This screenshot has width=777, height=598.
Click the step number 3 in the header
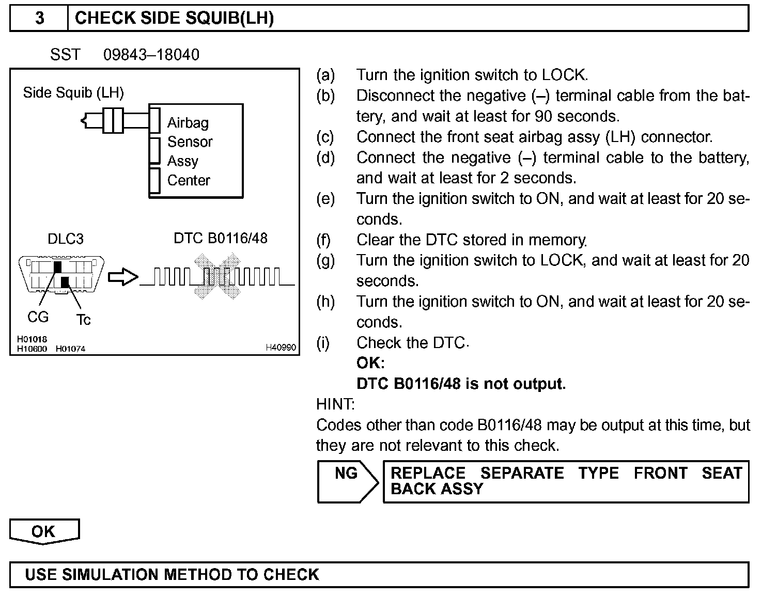tap(39, 19)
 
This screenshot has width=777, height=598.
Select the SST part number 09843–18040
tap(151, 55)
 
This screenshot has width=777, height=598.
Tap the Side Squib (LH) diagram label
tap(73, 93)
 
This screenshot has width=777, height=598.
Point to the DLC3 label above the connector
tap(65, 239)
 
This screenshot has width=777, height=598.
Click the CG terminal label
tap(38, 317)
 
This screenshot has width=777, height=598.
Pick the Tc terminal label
tap(83, 320)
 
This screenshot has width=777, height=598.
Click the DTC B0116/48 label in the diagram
tap(221, 238)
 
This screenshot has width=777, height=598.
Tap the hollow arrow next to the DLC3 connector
tap(122, 277)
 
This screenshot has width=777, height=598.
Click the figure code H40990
tap(281, 348)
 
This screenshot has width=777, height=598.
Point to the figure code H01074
tap(70, 349)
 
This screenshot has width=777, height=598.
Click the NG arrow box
tap(347, 481)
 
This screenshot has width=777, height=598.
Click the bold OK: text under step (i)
tap(370, 363)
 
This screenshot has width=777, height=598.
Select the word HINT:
tap(335, 404)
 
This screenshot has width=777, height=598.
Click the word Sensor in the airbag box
tap(190, 142)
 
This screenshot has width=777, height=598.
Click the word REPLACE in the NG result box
tap(428, 473)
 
